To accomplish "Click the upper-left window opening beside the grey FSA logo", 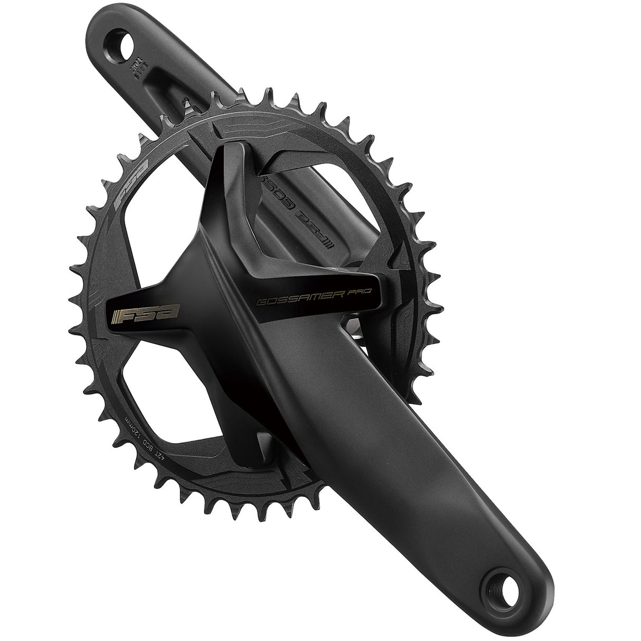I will [x=158, y=248].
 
